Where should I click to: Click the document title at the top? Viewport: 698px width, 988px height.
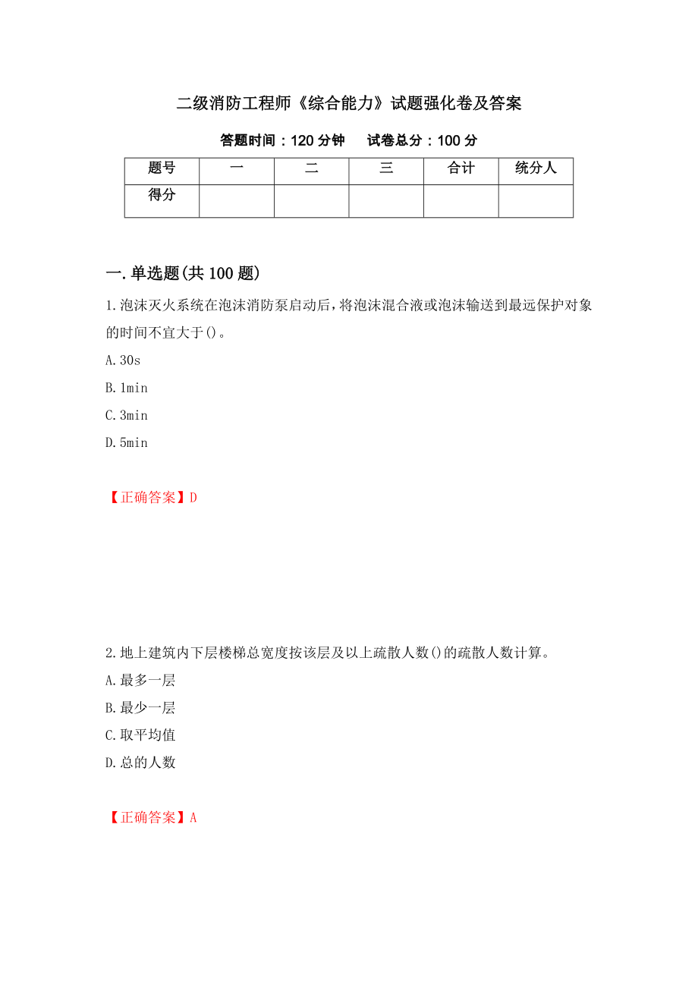click(349, 104)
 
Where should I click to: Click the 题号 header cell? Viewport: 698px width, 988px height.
click(162, 168)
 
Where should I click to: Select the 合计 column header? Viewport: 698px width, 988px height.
click(461, 168)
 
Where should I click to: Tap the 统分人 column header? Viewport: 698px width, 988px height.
click(536, 168)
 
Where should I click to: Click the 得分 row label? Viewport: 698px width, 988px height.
click(162, 196)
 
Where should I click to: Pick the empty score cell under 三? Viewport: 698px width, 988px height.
click(386, 201)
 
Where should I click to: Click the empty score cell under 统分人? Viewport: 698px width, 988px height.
click(536, 201)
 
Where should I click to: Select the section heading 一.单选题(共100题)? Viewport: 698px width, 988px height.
click(183, 273)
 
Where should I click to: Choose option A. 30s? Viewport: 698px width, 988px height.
click(123, 360)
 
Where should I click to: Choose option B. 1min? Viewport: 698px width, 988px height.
click(127, 388)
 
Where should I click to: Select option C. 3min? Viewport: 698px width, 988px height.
click(127, 415)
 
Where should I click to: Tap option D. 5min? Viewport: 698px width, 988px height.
click(127, 442)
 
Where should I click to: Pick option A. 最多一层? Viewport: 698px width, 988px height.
click(140, 681)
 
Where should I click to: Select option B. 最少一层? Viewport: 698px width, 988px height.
click(140, 708)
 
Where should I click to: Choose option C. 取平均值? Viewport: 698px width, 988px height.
click(140, 735)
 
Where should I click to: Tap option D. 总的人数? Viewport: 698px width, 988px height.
click(140, 763)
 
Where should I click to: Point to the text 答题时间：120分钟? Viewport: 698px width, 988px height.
click(282, 140)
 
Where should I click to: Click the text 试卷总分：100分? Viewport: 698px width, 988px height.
click(423, 140)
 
